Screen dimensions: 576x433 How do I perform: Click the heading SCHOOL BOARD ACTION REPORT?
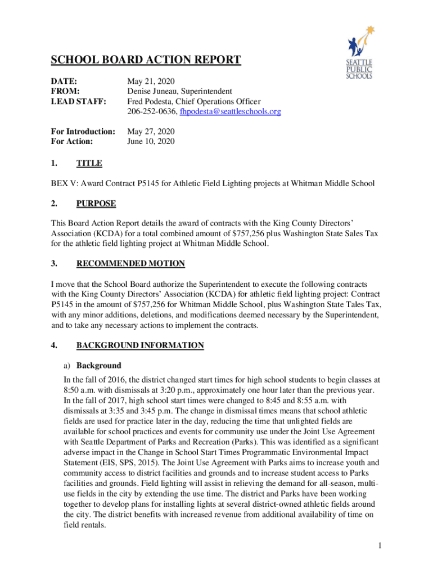pyautogui.click(x=146, y=60)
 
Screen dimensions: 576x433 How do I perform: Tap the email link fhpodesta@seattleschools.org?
pyautogui.click(x=230, y=112)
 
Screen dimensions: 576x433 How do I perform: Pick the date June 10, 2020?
pyautogui.click(x=151, y=142)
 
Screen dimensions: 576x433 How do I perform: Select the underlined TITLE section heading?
pyautogui.click(x=89, y=163)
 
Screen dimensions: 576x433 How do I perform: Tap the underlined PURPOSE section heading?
pyautogui.click(x=96, y=203)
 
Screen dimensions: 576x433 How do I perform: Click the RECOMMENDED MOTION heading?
pyautogui.click(x=130, y=263)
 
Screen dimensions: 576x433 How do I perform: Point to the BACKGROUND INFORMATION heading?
pyautogui.click(x=140, y=345)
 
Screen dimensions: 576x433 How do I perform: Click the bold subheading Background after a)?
pyautogui.click(x=98, y=365)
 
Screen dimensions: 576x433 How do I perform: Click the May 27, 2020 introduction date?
pyautogui.click(x=151, y=132)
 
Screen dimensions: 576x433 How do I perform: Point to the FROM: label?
pyautogui.click(x=65, y=91)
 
